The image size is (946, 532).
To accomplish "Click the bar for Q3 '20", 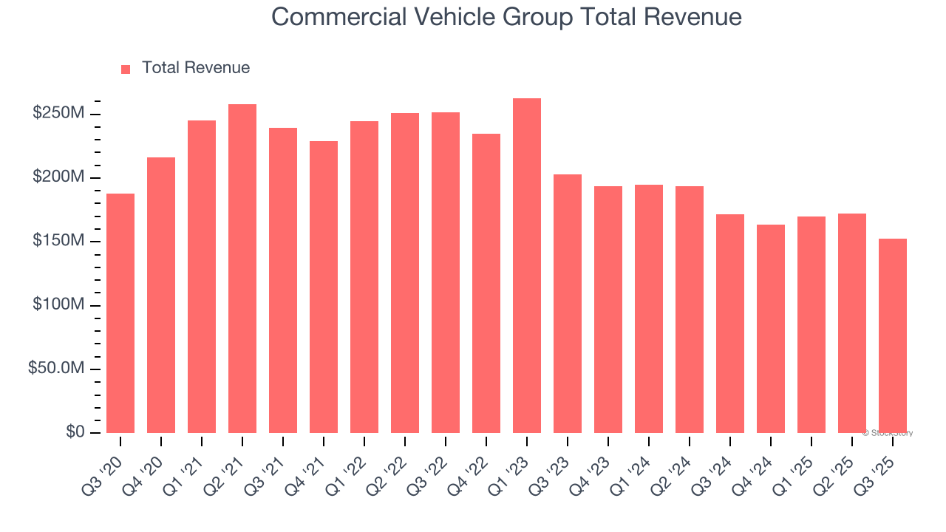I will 120,313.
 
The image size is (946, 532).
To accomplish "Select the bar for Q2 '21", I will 242,268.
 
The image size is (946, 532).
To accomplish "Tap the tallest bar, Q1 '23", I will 527,265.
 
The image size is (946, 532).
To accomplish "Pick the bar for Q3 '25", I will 893,335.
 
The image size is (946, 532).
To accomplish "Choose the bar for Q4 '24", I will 771,329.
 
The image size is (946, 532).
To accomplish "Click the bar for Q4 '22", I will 486,283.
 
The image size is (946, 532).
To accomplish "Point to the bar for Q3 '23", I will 568,304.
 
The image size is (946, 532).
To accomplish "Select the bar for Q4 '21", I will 324,287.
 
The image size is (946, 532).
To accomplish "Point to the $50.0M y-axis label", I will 56,369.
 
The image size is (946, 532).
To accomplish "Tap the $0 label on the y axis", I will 75,432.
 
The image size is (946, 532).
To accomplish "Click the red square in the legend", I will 126,69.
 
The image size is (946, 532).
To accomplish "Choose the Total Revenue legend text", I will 196,68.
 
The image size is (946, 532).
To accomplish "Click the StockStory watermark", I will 888,433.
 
